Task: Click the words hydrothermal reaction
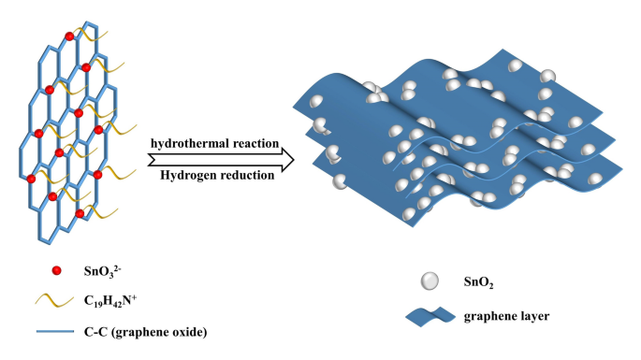tap(214, 143)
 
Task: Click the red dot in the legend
tap(57, 272)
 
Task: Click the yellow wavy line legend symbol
tap(56, 301)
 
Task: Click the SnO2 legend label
tap(480, 281)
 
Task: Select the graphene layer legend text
tap(506, 316)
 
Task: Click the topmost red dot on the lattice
tap(68, 36)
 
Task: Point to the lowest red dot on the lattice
tap(79, 214)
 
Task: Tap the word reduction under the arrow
tap(245, 175)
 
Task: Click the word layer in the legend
tap(532, 316)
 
